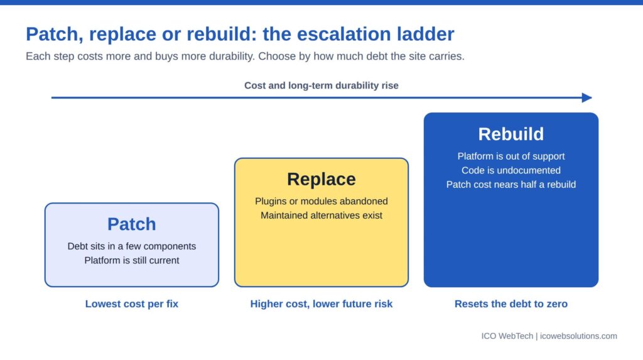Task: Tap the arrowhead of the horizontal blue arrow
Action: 587,98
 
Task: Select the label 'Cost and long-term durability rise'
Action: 321,85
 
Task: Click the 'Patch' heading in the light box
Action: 132,224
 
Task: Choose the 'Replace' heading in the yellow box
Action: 321,180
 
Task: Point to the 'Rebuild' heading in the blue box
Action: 511,134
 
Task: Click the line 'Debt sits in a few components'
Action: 132,246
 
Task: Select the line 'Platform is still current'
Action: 132,260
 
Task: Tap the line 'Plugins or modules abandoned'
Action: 321,201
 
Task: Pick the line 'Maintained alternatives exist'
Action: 321,215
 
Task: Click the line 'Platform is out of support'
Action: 511,156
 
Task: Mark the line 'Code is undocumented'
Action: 511,170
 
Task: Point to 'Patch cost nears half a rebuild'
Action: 511,185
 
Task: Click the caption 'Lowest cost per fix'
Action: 132,303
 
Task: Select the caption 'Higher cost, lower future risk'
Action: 321,303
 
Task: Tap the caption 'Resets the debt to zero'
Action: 511,303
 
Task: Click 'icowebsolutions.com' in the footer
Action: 578,336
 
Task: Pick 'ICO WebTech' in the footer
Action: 507,336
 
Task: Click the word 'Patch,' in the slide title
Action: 55,34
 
